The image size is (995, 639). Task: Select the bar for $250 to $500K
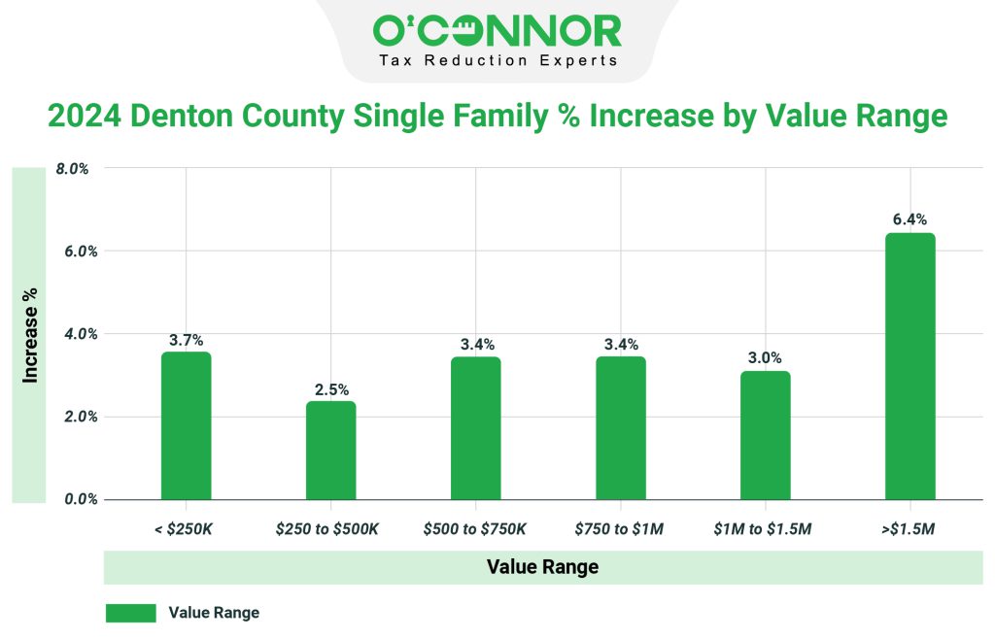point(331,451)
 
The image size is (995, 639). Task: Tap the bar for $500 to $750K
point(476,428)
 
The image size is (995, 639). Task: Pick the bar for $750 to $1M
point(621,428)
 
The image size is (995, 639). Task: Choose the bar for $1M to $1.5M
point(766,435)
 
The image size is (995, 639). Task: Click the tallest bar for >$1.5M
point(910,366)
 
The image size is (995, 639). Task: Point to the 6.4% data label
point(910,219)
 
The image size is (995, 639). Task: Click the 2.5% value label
point(331,388)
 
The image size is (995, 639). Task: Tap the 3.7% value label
point(186,340)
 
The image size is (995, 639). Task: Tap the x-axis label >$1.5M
point(910,528)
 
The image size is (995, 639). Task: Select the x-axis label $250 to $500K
point(331,528)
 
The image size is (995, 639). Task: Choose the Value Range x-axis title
point(542,567)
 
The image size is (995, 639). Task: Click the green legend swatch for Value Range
point(130,613)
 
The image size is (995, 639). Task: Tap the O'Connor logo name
point(497,31)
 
